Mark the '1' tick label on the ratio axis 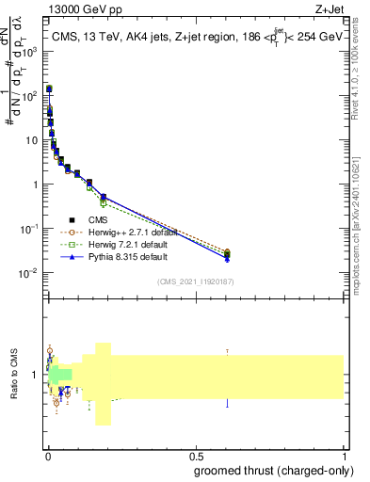tap(35, 375)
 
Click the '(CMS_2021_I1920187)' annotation tap(196, 281)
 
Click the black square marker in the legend tap(72, 219)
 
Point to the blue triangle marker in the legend tap(72, 256)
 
